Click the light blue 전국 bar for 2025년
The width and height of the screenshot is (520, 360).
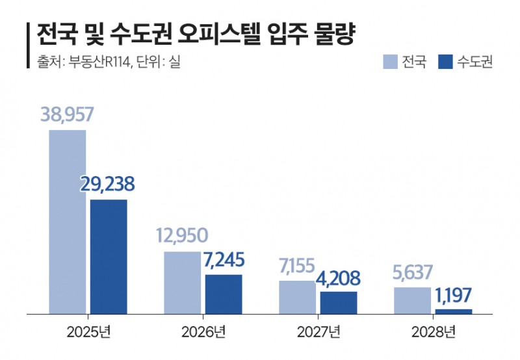pos(68,222)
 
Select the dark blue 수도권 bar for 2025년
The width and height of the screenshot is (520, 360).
pos(109,257)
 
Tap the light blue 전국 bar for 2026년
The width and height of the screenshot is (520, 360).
pos(183,283)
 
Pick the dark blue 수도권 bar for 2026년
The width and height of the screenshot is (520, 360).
pos(224,294)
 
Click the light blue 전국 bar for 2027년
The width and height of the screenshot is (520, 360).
pos(297,297)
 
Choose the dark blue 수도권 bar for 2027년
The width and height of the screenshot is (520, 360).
pos(339,303)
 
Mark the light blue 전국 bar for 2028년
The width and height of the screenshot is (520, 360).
pos(412,300)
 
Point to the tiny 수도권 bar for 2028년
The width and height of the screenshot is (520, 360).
pos(454,311)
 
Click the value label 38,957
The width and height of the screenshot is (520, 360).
pos(67,115)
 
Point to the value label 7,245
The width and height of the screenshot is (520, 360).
pos(224,260)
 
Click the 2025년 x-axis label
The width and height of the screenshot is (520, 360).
pos(88,333)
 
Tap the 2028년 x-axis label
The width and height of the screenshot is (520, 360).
pos(434,333)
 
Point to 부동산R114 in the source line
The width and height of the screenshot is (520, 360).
pos(94,62)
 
